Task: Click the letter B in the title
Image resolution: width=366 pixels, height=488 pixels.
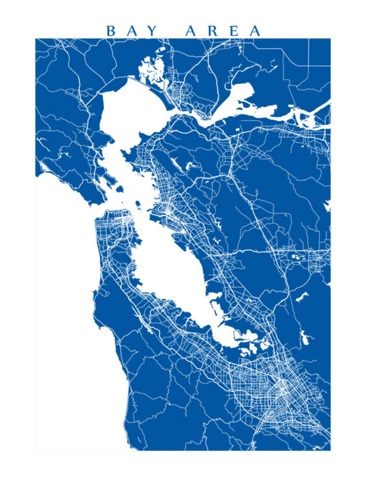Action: coord(110,31)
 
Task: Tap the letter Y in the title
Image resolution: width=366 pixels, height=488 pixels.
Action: coord(152,31)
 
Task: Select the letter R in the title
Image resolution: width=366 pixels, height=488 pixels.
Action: coord(213,31)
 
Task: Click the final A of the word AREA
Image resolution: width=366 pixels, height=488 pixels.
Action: coord(255,31)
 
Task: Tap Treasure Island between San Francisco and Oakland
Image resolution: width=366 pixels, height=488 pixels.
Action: coord(138,204)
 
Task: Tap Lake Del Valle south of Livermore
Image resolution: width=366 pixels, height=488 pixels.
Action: coord(302,297)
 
